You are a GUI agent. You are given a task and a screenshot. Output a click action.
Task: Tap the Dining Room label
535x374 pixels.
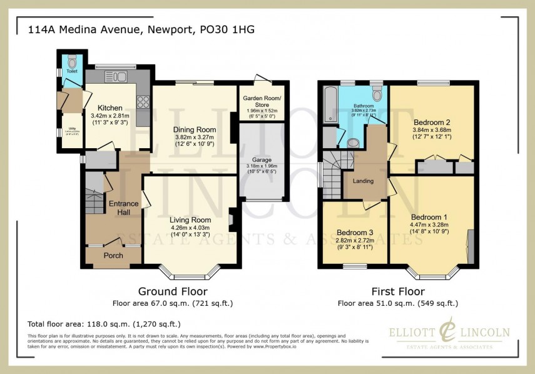[x=195, y=130]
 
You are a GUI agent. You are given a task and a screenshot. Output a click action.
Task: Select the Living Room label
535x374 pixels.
[x=190, y=220]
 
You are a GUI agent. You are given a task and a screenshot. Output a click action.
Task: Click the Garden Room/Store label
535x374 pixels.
[x=263, y=103]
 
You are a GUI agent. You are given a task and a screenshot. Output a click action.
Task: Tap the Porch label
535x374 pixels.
[x=113, y=256]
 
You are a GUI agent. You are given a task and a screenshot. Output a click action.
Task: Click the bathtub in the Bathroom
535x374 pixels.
[x=330, y=100]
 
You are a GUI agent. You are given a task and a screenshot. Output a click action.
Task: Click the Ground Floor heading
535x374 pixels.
[x=172, y=291]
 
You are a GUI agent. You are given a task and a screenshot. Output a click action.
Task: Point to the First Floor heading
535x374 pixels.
[x=398, y=291]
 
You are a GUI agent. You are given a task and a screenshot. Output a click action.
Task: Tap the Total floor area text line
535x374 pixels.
[x=104, y=324]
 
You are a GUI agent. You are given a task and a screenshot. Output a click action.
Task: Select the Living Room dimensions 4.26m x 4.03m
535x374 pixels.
[x=190, y=228]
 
